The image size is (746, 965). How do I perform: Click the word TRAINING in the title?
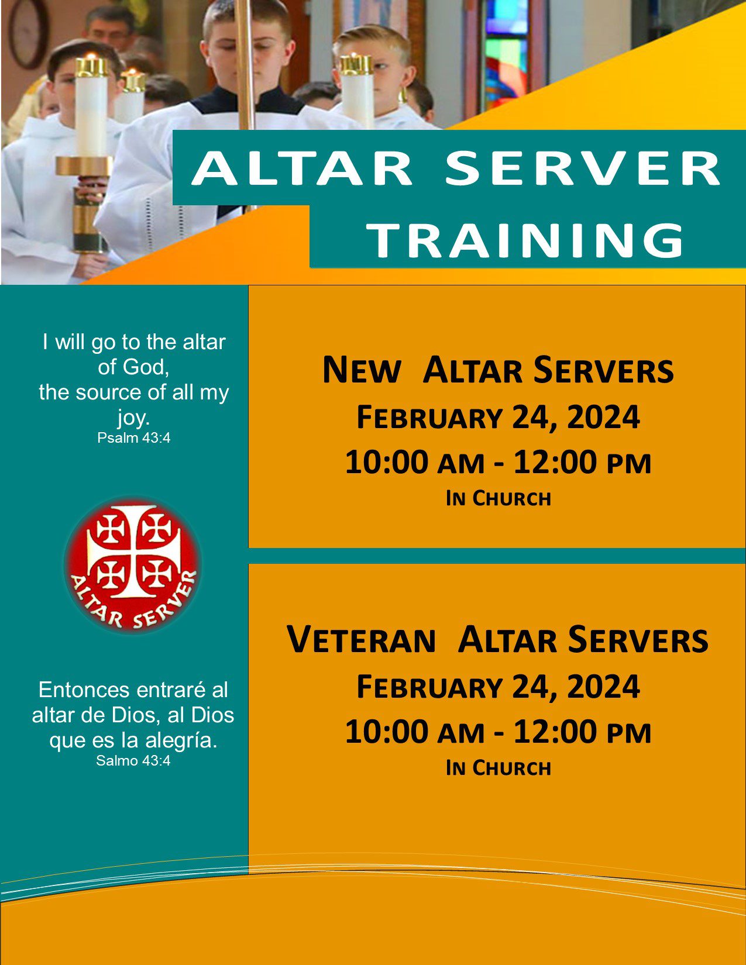point(527,240)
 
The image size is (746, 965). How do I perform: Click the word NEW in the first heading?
point(361,370)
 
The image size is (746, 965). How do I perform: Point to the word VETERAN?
point(361,639)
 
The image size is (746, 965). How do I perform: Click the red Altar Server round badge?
point(132,565)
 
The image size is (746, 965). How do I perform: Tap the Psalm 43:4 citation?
point(134,438)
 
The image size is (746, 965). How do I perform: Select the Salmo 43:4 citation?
point(133,761)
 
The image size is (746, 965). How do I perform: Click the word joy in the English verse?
point(133,418)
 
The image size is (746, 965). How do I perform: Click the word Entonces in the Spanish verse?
point(84,690)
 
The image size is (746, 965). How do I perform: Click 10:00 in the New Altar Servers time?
point(386,462)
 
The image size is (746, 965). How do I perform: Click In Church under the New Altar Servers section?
point(498,498)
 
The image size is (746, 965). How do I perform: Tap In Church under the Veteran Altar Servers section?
point(498,768)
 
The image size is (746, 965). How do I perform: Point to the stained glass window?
point(507,53)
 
